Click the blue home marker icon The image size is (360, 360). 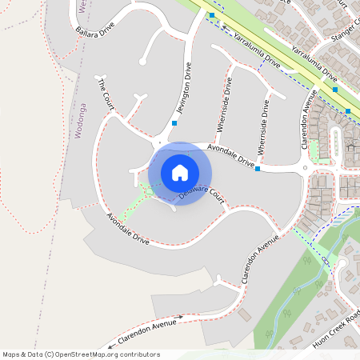180,173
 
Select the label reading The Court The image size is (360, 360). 106,94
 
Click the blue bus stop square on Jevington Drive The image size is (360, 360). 174,123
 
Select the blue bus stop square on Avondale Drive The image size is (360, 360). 258,169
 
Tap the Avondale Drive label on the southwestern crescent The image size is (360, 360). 128,228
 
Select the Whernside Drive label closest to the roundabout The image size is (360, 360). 264,128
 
